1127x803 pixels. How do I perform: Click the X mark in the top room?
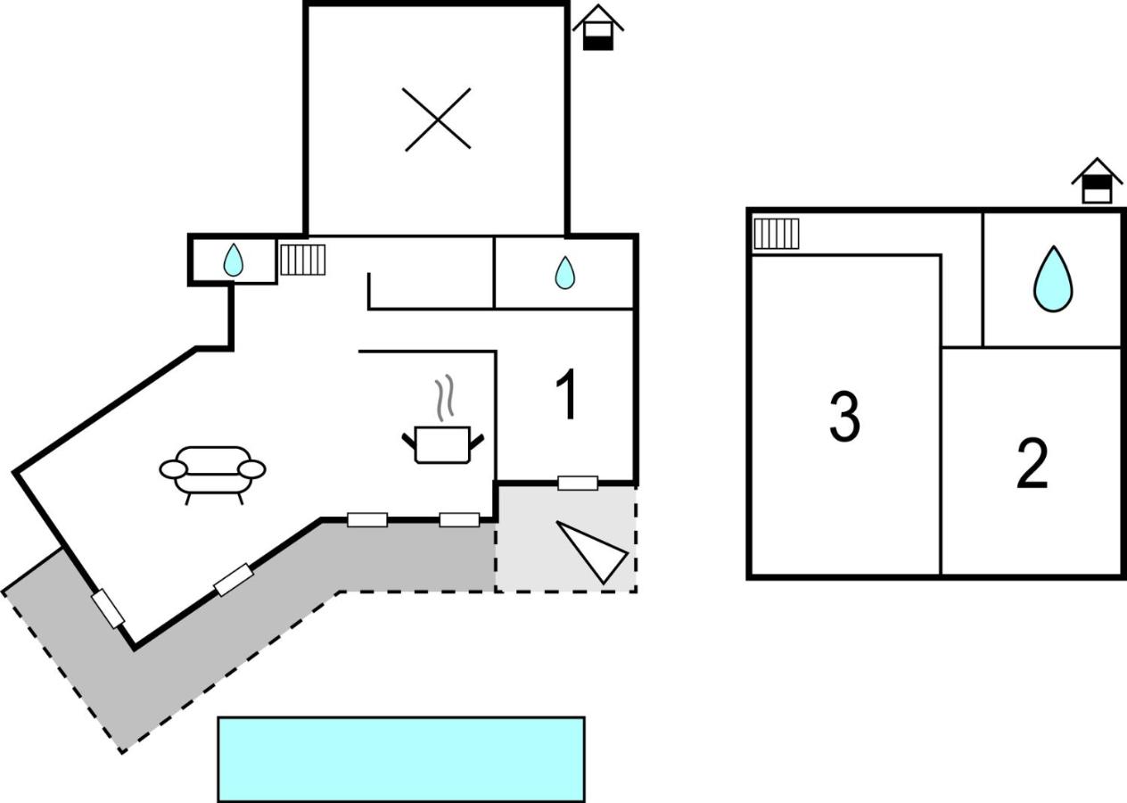pyautogui.click(x=438, y=120)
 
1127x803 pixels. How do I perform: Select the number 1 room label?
pyautogui.click(x=567, y=393)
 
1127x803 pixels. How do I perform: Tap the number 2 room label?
pyautogui.click(x=1032, y=464)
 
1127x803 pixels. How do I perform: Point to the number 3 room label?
pyautogui.click(x=844, y=417)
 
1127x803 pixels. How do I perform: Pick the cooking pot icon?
pyautogui.click(x=443, y=444)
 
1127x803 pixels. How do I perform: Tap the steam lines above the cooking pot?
pyautogui.click(x=445, y=398)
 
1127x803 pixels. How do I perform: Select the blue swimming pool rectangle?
pyautogui.click(x=401, y=759)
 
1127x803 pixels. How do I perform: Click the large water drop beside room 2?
pyautogui.click(x=1053, y=279)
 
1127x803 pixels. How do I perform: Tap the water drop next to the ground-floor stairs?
pyautogui.click(x=233, y=260)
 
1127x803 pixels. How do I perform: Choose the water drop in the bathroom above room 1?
pyautogui.click(x=564, y=273)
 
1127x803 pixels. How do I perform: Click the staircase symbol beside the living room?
pyautogui.click(x=303, y=260)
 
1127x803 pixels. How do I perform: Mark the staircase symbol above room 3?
pyautogui.click(x=777, y=234)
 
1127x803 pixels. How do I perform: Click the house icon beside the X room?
pyautogui.click(x=598, y=28)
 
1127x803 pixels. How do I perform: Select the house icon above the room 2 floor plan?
pyautogui.click(x=1097, y=181)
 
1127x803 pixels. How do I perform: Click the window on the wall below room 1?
pyautogui.click(x=578, y=483)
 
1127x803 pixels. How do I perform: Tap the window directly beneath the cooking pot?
pyautogui.click(x=459, y=519)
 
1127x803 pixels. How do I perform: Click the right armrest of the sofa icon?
pyautogui.click(x=251, y=469)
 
